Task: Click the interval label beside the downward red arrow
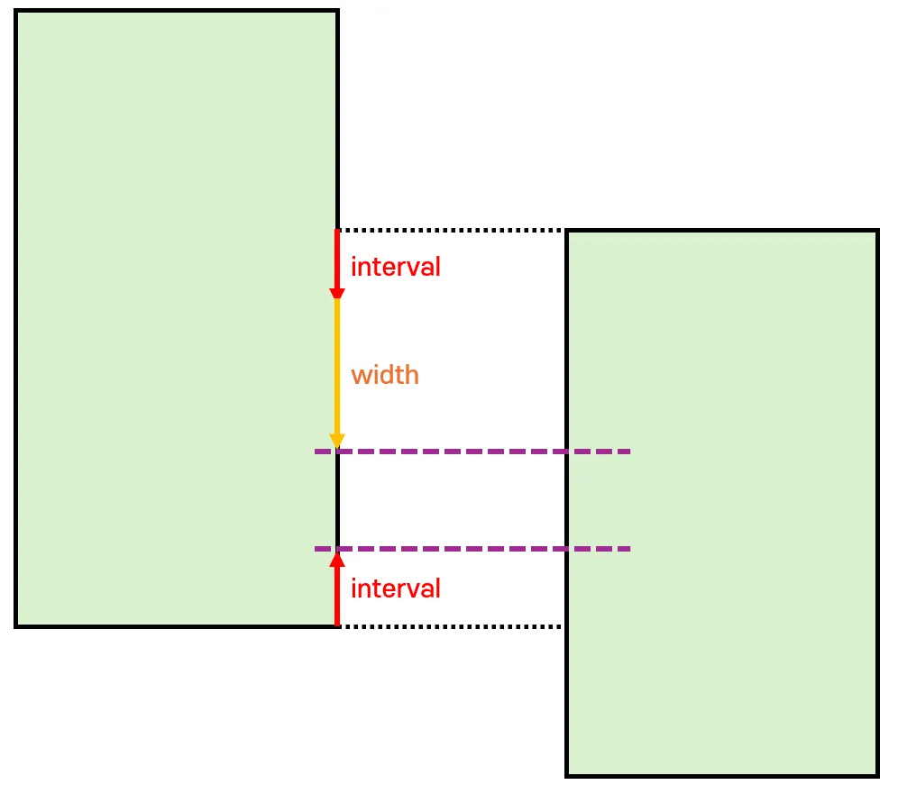(395, 267)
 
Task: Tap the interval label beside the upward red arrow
(395, 589)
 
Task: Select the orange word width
(385, 375)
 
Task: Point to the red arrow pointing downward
(337, 261)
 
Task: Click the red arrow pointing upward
(337, 590)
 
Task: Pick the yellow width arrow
(337, 370)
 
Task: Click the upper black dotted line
(451, 230)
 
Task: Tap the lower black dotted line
(451, 625)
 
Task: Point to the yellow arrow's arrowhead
(337, 441)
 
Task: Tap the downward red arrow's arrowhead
(337, 292)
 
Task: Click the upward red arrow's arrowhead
(337, 559)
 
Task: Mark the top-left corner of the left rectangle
(16, 11)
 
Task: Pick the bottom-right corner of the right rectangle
(877, 775)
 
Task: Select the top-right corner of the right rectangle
(877, 232)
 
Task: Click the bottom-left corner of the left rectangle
(16, 625)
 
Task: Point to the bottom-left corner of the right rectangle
(567, 775)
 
